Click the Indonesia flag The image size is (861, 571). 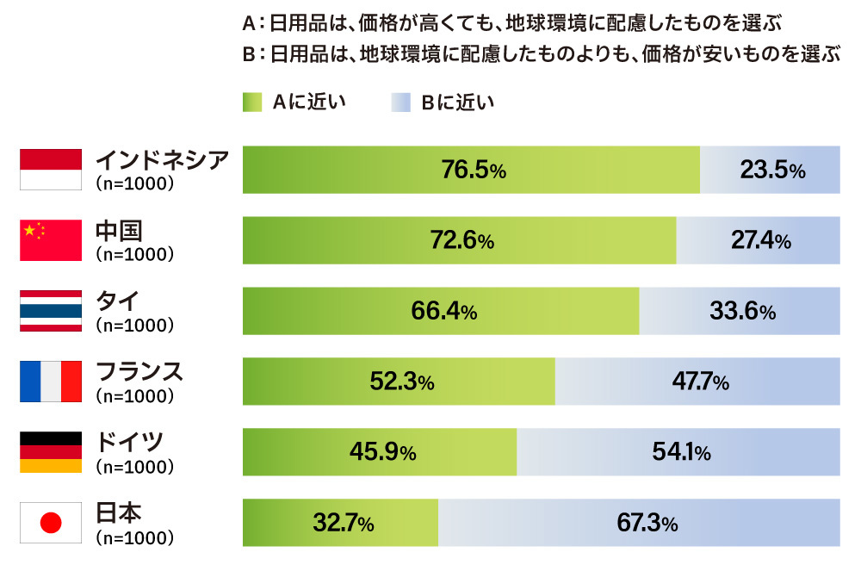click(51, 169)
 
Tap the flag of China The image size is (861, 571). click(51, 239)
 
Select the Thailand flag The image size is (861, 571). click(51, 311)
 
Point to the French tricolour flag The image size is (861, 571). click(51, 382)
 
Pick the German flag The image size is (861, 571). click(51, 452)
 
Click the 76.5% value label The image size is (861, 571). click(473, 170)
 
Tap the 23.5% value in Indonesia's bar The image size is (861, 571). click(772, 170)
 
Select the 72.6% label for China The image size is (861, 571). click(461, 240)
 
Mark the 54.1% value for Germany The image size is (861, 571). click(679, 452)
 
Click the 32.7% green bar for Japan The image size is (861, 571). click(341, 523)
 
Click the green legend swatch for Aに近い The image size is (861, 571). click(252, 102)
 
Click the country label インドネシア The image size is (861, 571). click(162, 159)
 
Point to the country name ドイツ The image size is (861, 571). click(128, 443)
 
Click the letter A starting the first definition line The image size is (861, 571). click(250, 21)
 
